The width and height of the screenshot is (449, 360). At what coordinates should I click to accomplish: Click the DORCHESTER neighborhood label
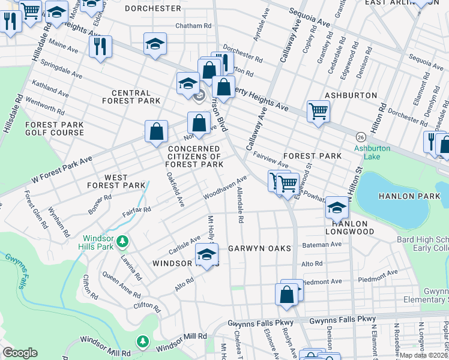pos(153,8)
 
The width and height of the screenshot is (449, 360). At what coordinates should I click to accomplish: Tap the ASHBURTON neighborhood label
pos(351,95)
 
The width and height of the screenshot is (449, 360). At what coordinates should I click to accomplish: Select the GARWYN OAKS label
pos(259,248)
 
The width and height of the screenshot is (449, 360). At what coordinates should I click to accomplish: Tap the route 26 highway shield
pos(361,136)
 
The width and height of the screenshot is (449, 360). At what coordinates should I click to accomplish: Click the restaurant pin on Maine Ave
pos(100,46)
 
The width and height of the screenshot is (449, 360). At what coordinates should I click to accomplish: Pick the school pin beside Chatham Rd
pos(155,44)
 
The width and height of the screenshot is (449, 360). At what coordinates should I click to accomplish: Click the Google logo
pos(20,353)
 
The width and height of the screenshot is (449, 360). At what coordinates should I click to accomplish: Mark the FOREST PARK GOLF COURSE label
pos(54,128)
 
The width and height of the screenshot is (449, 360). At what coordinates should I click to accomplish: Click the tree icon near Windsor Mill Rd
pos(142,342)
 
